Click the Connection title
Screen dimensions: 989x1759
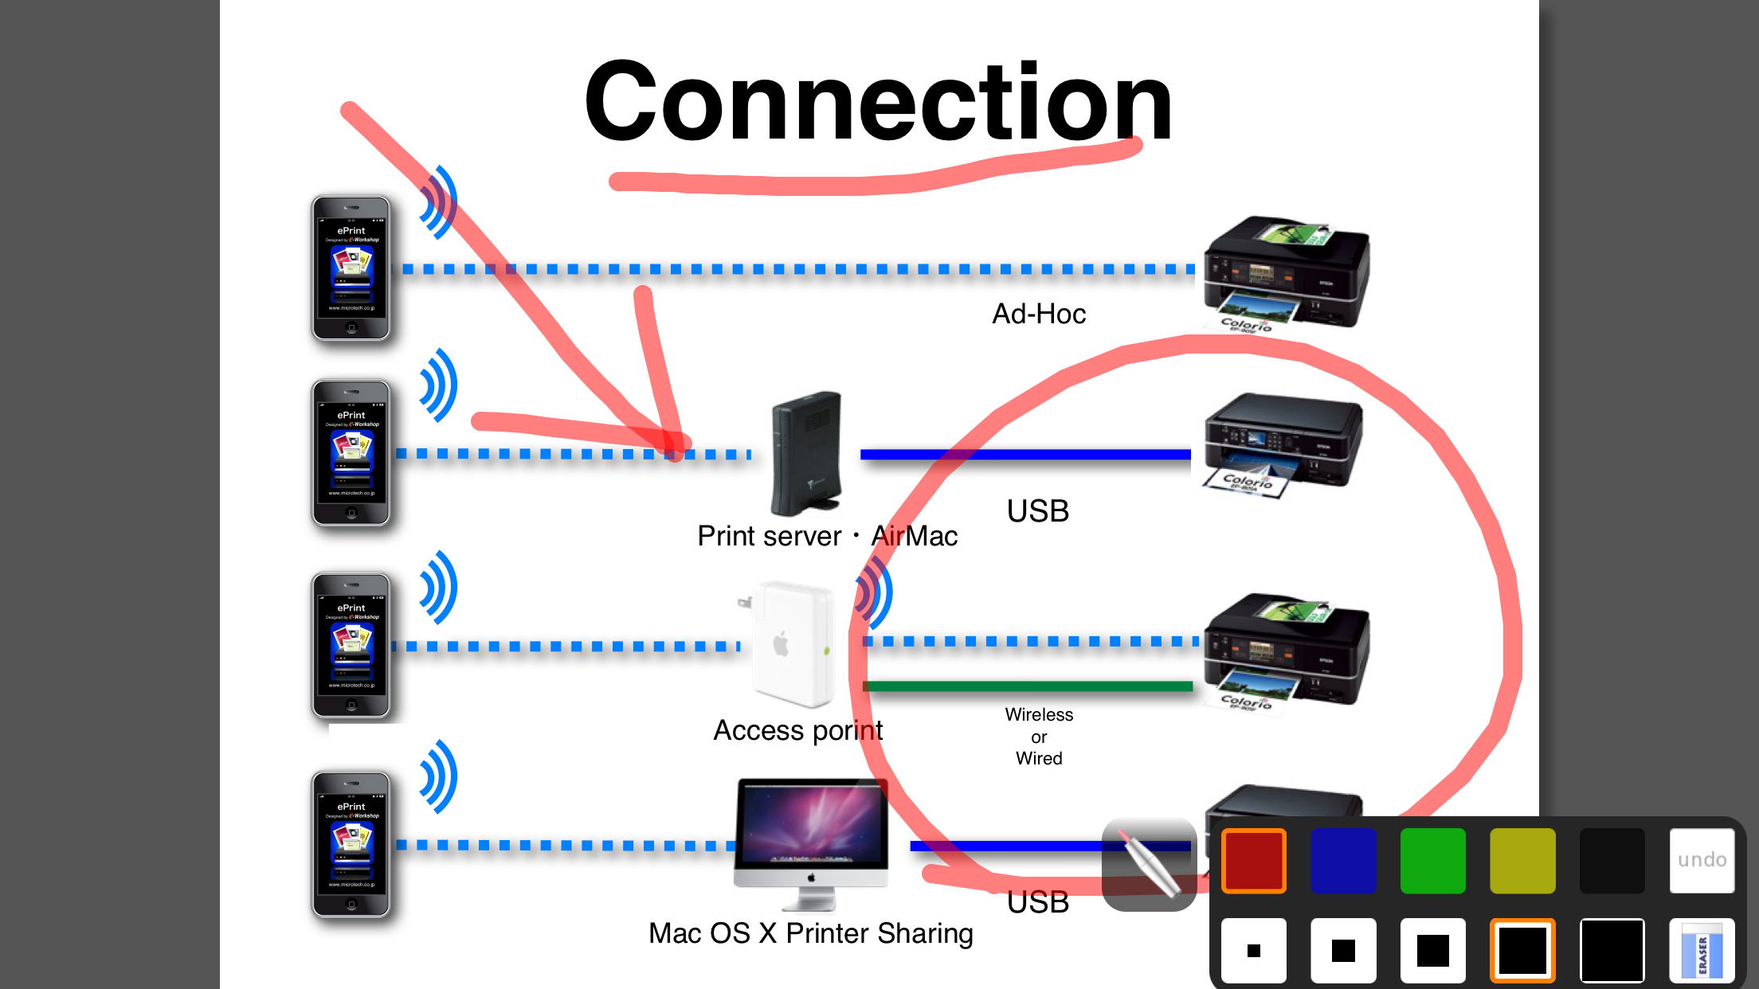(x=878, y=102)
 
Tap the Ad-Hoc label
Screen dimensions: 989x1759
(x=1038, y=314)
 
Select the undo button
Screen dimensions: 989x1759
(x=1702, y=860)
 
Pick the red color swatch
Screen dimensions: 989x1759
(x=1254, y=860)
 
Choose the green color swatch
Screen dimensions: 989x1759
(x=1432, y=860)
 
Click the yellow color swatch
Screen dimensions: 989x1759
(x=1522, y=860)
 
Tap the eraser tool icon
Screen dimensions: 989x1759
(x=1702, y=950)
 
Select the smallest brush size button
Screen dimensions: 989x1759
(x=1254, y=950)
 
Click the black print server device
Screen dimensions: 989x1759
(x=805, y=452)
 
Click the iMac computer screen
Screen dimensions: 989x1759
(x=811, y=824)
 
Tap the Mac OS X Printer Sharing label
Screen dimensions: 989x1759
(x=810, y=933)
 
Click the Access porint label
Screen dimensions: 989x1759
(x=797, y=730)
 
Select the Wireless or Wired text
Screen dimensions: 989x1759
(x=1038, y=737)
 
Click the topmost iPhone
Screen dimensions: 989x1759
(x=351, y=268)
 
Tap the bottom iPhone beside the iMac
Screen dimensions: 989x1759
(x=351, y=844)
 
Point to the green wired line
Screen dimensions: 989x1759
(x=1028, y=686)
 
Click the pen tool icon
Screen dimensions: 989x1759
(x=1149, y=864)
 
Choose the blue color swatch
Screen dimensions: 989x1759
(x=1343, y=860)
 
